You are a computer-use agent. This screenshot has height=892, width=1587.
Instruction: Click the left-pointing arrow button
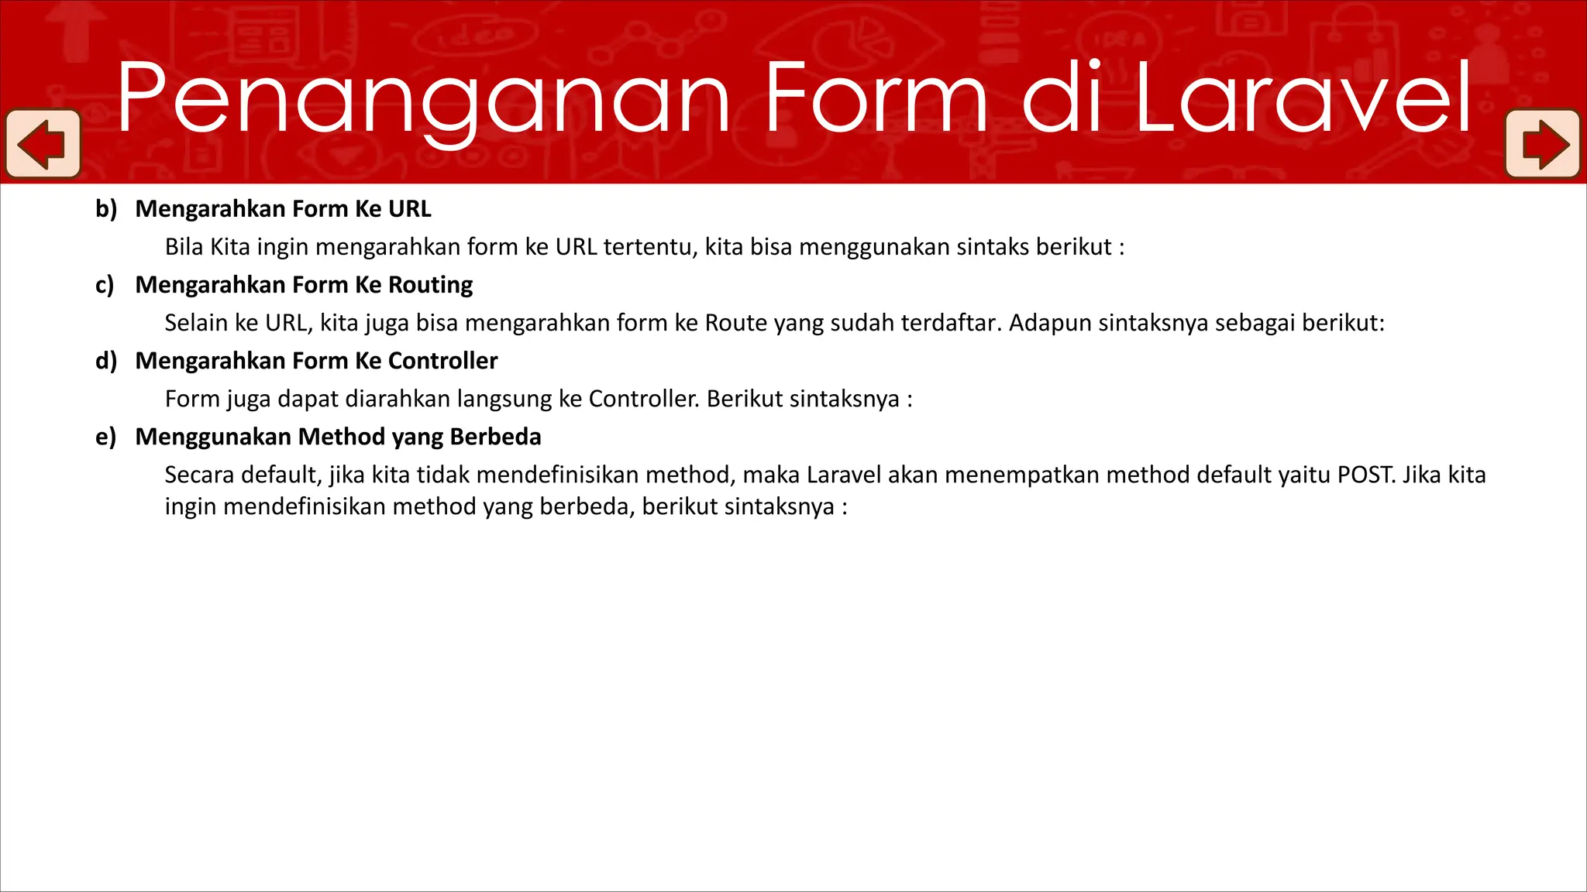point(43,144)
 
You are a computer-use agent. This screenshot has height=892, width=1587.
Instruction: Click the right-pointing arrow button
point(1543,144)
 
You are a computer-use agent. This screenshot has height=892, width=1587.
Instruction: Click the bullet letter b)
point(106,209)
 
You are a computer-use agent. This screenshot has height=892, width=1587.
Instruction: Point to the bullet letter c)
point(105,285)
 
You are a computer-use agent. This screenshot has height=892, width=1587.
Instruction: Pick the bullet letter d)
point(106,361)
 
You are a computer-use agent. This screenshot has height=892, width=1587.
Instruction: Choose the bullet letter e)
point(105,437)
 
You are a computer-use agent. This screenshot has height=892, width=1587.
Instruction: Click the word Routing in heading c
point(430,285)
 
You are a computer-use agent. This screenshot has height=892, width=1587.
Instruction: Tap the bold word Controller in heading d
point(442,361)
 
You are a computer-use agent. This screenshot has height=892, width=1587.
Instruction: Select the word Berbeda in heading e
point(495,437)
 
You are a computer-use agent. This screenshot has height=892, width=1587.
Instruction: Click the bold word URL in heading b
point(409,209)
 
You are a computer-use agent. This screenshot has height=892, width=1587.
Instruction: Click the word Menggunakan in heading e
point(213,437)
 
